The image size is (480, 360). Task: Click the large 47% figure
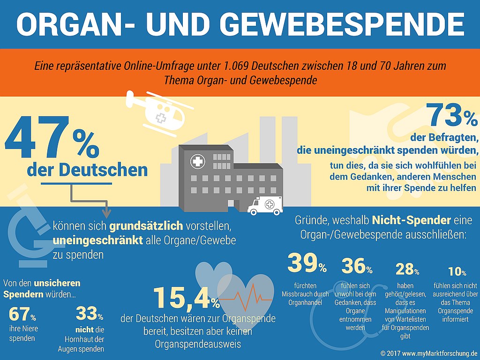pos(52,137)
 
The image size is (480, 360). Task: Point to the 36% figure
pos(357,266)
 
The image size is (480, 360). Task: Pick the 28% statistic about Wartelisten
pos(407,269)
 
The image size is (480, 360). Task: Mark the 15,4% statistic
pos(187,297)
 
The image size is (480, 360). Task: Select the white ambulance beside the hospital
pos(265,206)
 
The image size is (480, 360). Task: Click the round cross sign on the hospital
pos(197,161)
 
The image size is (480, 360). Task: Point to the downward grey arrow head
pos(106,213)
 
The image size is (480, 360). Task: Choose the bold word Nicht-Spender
pos(412,220)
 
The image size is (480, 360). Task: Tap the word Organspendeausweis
pos(198,344)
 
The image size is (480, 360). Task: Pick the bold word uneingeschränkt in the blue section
pos(98,240)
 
